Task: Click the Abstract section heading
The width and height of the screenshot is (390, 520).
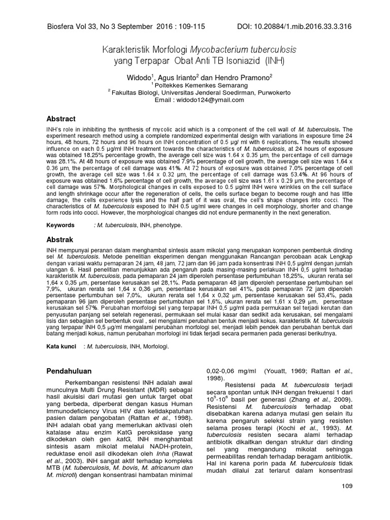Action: click(61, 119)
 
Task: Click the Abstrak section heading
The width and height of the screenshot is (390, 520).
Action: click(60, 239)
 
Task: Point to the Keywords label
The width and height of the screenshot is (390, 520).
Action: click(60, 224)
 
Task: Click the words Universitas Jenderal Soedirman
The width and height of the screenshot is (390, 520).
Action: click(203, 92)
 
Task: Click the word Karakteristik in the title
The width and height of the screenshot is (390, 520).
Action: click(122, 51)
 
